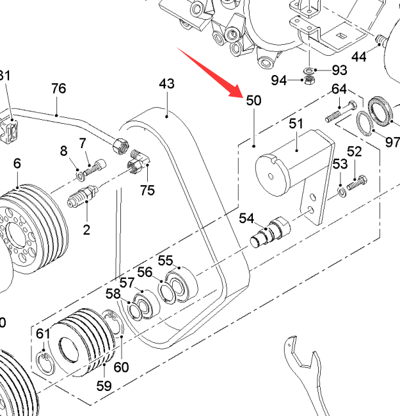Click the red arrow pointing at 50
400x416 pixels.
click(x=209, y=72)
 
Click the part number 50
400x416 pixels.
click(x=253, y=101)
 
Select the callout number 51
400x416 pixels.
click(x=296, y=123)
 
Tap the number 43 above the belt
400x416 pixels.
click(x=166, y=84)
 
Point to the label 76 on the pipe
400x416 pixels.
click(x=58, y=88)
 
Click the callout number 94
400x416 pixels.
click(x=278, y=80)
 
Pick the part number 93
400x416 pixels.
click(x=339, y=69)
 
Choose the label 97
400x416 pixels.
click(x=392, y=142)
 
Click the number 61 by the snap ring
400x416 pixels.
click(x=43, y=333)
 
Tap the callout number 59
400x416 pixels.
click(x=104, y=386)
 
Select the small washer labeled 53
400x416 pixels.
click(x=342, y=191)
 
